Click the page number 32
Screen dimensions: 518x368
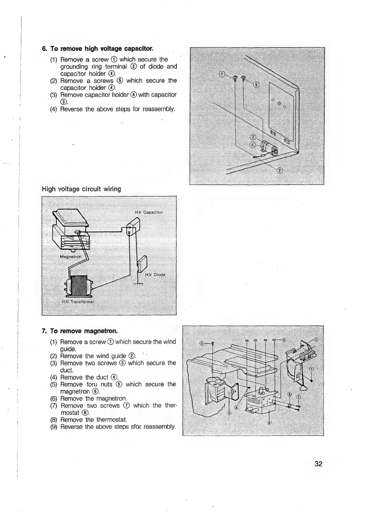pos(318,464)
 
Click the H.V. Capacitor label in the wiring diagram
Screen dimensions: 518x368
pos(149,212)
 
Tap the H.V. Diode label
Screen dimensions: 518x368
pos(155,275)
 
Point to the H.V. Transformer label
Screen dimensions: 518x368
pos(79,302)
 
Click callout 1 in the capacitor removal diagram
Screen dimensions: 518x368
pos(222,74)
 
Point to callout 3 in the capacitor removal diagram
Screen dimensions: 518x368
pos(252,137)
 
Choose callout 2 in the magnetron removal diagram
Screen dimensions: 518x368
pos(316,339)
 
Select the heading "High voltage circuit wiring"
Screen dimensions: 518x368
pos(81,189)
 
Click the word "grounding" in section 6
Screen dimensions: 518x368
pos(74,66)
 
